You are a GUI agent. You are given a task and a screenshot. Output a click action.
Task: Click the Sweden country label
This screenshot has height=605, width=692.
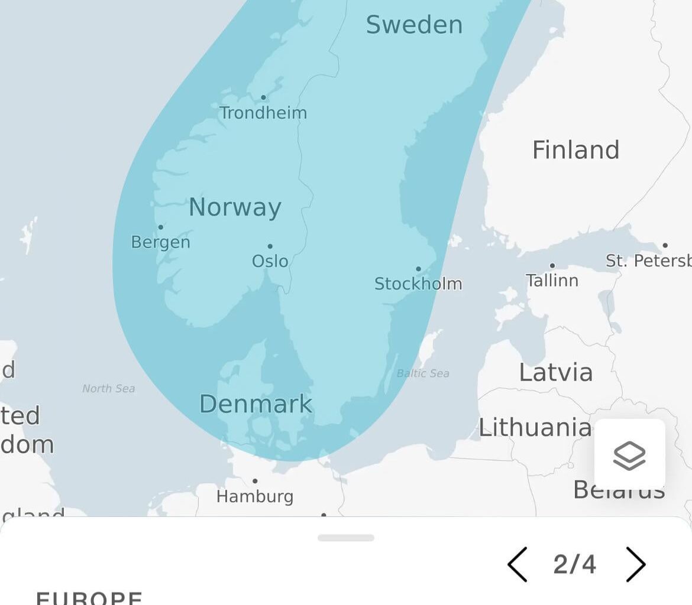tap(414, 25)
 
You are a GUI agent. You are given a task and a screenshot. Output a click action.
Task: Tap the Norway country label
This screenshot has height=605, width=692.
tap(235, 207)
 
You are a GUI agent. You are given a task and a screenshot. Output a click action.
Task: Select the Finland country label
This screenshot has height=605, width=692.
tap(575, 150)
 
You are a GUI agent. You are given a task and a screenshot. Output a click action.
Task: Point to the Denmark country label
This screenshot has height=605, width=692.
tap(256, 404)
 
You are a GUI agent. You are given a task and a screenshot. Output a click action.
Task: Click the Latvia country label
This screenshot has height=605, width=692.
tap(555, 372)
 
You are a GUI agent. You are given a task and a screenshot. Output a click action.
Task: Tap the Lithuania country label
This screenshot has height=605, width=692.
tap(535, 427)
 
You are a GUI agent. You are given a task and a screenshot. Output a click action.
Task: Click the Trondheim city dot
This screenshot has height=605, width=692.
tap(263, 97)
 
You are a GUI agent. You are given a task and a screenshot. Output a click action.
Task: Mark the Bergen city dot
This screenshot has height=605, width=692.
tap(160, 227)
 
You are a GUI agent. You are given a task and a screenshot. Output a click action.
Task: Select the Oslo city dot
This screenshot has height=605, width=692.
tap(270, 246)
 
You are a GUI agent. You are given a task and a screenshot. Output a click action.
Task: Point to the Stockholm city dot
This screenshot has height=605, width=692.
tap(418, 269)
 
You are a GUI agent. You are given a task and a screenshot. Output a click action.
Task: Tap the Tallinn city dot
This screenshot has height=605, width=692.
tap(552, 266)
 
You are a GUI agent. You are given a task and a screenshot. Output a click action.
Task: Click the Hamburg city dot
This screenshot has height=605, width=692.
tap(255, 481)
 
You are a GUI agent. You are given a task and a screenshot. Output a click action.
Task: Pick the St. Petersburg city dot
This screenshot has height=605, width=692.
tap(665, 245)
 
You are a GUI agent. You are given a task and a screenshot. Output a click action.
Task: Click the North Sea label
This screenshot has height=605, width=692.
tap(108, 389)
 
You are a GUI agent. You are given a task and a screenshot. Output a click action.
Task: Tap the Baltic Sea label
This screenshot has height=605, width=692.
tap(423, 373)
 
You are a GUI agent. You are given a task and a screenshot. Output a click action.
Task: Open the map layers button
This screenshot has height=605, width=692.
tap(629, 454)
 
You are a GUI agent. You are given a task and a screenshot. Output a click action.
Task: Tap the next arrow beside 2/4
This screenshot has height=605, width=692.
tap(636, 564)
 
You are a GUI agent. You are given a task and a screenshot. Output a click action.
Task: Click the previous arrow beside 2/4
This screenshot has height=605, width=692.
tap(517, 564)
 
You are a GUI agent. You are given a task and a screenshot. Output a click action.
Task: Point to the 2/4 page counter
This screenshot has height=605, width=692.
tap(575, 564)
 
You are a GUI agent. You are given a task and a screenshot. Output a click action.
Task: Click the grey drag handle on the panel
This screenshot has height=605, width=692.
tap(346, 538)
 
